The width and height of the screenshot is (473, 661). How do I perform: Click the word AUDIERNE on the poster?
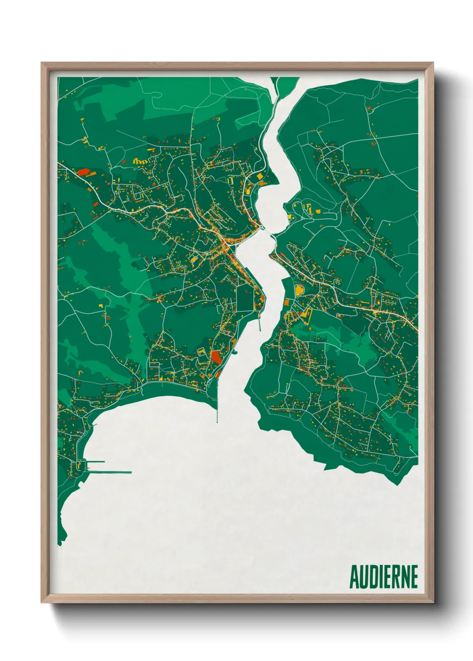point(383,577)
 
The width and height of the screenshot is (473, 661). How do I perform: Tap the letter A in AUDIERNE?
point(354,577)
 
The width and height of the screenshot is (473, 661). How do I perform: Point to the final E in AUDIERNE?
point(414,577)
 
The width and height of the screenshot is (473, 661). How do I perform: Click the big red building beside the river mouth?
point(216,357)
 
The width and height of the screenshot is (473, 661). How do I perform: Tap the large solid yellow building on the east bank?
point(298,289)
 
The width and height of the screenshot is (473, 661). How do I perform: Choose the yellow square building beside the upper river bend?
point(260,177)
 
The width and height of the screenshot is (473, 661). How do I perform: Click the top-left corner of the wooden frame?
point(42,63)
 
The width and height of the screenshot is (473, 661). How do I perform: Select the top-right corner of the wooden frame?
point(433,63)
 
